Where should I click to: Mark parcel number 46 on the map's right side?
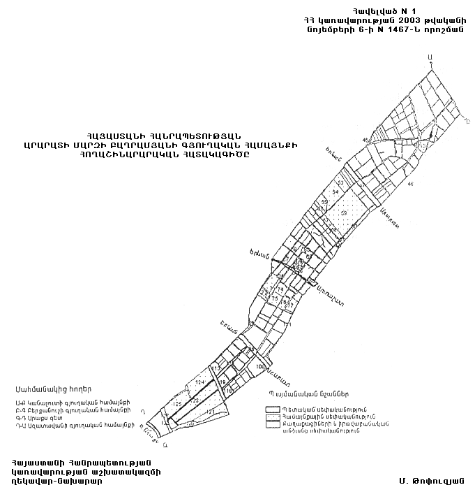[411, 184]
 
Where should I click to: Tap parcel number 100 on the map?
[260, 366]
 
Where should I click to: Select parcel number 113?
[216, 368]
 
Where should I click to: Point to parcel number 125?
[176, 404]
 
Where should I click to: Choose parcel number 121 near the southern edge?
[209, 412]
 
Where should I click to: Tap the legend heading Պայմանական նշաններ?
[301, 393]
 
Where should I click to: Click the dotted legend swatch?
[271, 416]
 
